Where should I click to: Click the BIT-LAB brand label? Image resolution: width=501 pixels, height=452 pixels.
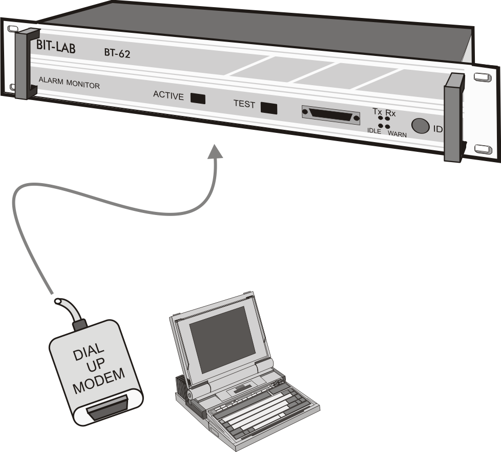[x=56, y=45]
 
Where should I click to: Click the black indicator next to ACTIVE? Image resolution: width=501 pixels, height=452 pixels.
[x=198, y=98]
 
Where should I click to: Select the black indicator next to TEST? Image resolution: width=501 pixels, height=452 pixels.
[x=269, y=108]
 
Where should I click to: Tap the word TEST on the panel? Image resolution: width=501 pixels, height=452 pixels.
[x=244, y=104]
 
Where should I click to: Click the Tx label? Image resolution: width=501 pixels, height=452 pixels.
[x=378, y=111]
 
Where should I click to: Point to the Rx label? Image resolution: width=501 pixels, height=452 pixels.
[x=391, y=113]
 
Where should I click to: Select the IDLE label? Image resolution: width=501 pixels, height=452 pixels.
[x=374, y=131]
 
